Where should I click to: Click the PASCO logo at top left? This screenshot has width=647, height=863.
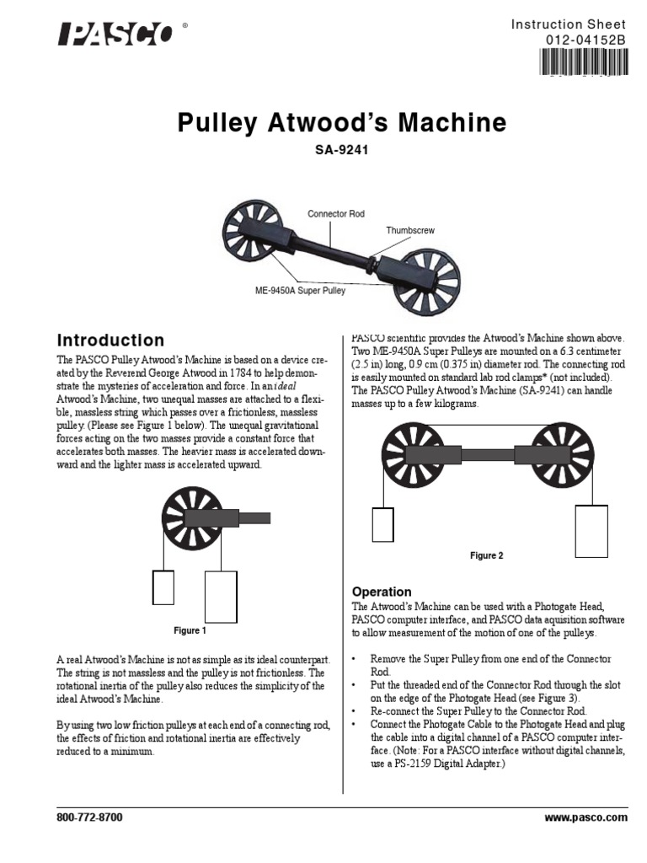115,34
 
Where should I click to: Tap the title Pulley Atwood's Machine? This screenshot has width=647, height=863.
342,124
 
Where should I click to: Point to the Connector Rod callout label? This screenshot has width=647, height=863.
336,214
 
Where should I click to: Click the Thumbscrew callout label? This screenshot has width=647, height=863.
410,230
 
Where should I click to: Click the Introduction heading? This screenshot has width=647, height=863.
110,340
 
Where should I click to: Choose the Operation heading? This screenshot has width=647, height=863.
381,592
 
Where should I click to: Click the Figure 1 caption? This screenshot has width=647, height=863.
189,630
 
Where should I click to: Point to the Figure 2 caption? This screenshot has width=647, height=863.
486,555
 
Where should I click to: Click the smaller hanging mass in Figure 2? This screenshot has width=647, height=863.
383,523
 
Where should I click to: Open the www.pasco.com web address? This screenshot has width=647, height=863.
586,817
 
